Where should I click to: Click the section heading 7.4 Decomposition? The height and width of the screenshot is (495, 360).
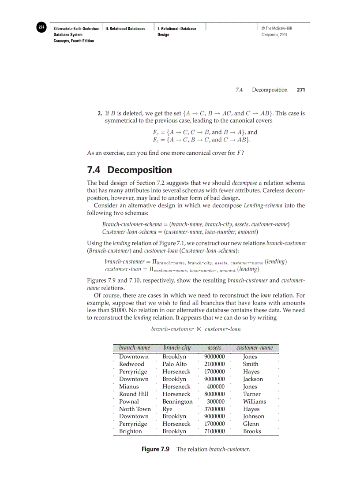coord(129,170)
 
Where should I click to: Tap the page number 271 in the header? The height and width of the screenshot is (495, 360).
coord(301,89)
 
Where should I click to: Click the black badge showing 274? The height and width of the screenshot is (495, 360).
coord(41,27)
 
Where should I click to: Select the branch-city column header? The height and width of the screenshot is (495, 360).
coord(177,348)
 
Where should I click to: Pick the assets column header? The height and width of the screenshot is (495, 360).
coord(214,348)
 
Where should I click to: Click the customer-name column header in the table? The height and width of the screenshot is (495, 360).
coord(255,348)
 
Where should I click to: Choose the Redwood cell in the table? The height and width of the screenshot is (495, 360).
coord(131,364)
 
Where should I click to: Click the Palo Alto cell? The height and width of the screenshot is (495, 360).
coord(174,364)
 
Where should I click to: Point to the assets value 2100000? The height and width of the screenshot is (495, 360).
coord(214,364)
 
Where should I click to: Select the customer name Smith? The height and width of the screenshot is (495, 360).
coord(251,364)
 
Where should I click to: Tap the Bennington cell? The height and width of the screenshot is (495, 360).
coord(177,402)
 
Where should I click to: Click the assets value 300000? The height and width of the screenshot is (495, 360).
coord(216,402)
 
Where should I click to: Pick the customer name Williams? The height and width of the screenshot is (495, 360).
coord(255,402)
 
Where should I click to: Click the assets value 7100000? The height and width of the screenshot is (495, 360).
coord(214,432)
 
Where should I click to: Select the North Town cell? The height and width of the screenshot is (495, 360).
coord(135,409)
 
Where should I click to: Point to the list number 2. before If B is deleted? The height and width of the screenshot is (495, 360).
coord(100,113)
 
